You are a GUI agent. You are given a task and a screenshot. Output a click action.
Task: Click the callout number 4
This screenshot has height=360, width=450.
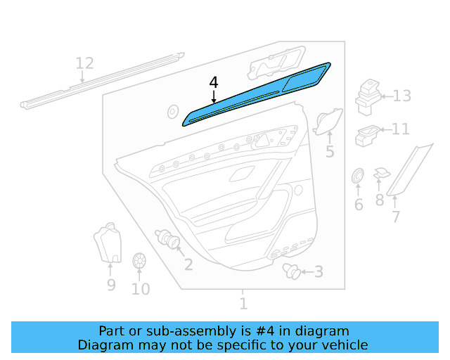click(214, 83)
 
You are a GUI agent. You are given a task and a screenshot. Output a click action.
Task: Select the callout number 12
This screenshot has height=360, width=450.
click(84, 64)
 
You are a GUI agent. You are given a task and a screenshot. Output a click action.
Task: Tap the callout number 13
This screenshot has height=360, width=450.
click(401, 96)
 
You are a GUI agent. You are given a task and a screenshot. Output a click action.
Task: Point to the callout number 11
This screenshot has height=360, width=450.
click(400, 129)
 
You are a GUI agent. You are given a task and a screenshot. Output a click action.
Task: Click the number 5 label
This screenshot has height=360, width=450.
click(329, 152)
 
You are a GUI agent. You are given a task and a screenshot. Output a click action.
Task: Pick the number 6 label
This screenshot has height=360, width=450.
click(358, 205)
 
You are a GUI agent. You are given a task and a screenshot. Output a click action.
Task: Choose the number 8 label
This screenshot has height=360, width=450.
click(396, 217)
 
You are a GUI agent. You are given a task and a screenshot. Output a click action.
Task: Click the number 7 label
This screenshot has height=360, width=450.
click(380, 200)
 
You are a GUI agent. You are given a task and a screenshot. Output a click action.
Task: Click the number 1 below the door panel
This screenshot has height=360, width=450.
click(243, 304)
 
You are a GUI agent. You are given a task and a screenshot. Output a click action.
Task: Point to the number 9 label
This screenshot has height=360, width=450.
click(111, 285)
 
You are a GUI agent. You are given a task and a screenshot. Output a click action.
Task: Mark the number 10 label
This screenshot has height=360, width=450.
click(141, 288)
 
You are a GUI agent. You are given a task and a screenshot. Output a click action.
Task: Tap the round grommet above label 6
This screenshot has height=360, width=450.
click(357, 175)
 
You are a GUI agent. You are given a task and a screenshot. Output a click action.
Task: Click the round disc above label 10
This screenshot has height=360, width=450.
click(139, 260)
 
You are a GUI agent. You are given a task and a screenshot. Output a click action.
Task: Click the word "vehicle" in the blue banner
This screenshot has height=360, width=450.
click(343, 345)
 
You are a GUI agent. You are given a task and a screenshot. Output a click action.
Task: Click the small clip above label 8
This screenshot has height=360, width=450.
click(381, 172)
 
